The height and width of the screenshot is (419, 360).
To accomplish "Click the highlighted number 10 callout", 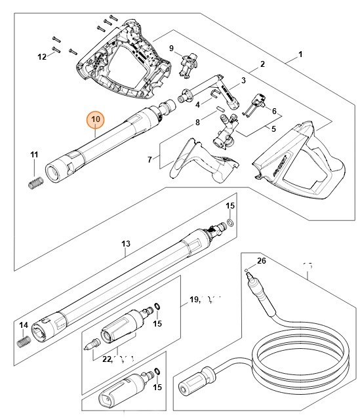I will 96,119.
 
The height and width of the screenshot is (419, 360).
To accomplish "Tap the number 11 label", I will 35,155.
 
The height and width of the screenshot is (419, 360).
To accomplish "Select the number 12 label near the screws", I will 42,57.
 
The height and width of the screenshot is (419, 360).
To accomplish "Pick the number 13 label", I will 126,245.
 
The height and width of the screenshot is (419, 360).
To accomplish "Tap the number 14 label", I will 23,325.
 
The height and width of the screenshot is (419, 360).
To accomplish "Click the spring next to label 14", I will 24,342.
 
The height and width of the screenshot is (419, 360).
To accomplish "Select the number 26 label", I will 262,261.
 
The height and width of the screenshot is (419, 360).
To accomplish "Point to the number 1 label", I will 302,54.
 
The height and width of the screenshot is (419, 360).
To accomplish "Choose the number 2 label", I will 262,64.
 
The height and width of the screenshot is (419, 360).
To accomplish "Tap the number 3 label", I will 243,81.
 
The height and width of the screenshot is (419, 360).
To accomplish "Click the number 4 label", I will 198,104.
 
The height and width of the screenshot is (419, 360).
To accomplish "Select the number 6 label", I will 274,111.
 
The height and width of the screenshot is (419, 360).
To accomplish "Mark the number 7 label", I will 150,159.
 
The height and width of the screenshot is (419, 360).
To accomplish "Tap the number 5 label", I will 274,129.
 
